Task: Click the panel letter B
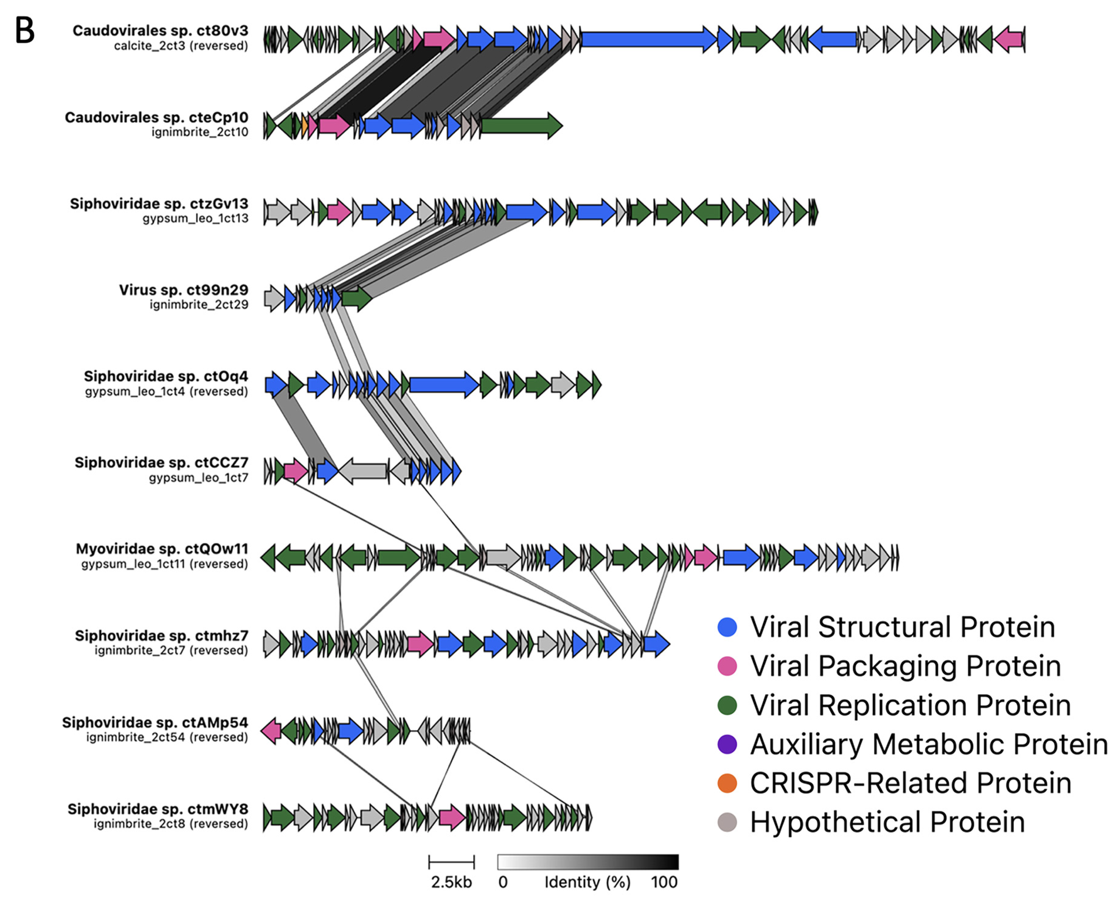pos(25,31)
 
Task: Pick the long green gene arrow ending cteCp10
pos(521,126)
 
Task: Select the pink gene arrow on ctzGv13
pos(339,212)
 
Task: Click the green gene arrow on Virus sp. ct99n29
pos(356,299)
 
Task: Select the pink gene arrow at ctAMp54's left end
pos(271,731)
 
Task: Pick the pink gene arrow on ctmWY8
pos(451,817)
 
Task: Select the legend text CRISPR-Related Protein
pos(910,783)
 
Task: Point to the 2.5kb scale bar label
pos(451,882)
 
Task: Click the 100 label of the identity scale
pos(664,882)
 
